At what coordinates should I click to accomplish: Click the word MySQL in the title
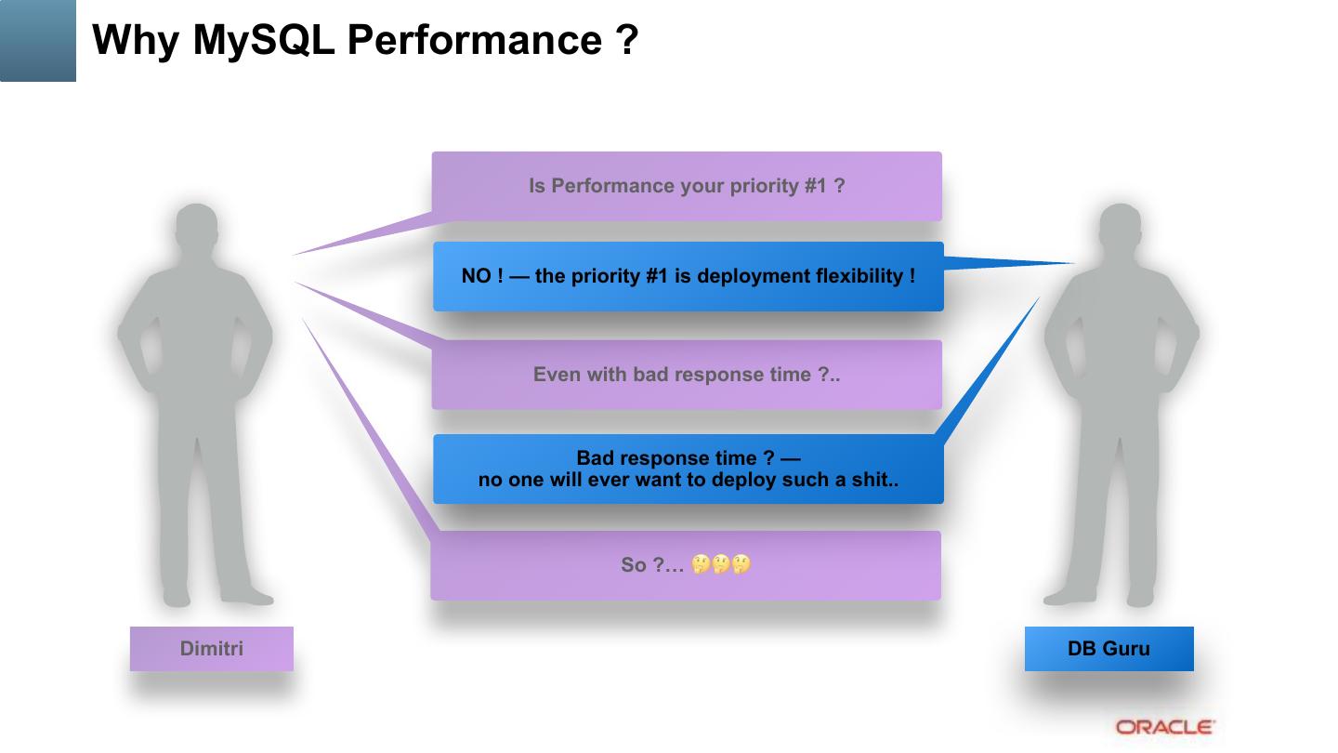[263, 40]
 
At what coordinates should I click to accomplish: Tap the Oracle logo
[1165, 727]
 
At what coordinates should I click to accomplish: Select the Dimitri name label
[212, 649]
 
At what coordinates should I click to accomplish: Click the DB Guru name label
[1108, 649]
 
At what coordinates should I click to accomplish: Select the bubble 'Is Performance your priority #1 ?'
[687, 186]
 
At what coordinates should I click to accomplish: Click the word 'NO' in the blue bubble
[476, 276]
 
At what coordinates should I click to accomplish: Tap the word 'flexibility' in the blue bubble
[860, 276]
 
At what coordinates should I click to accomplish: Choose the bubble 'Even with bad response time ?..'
[687, 375]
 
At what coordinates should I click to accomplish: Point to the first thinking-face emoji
[701, 563]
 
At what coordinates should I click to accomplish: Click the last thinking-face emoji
[741, 563]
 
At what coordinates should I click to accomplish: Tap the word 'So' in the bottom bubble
[633, 564]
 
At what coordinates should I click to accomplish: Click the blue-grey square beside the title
[38, 40]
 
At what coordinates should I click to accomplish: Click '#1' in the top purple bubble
[815, 186]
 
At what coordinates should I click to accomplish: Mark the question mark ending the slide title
[627, 40]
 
